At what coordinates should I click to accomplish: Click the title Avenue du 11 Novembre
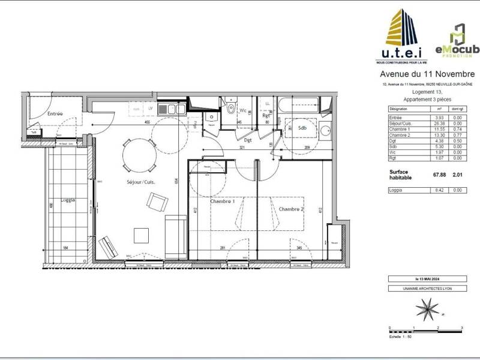427,74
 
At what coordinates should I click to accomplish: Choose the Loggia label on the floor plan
68,201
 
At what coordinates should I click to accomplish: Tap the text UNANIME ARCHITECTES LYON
427,289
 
